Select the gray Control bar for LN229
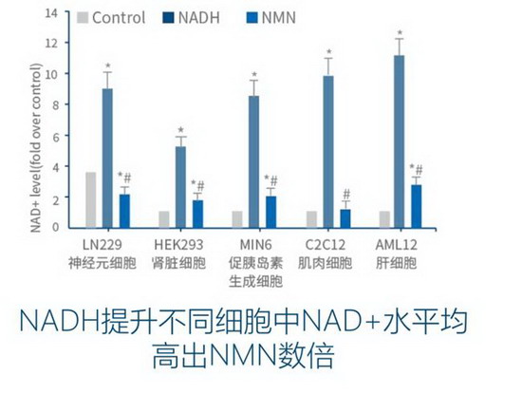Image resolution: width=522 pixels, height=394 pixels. coord(91,199)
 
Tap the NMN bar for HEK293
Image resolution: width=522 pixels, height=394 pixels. coord(198,214)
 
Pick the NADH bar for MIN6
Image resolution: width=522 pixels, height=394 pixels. coord(254,161)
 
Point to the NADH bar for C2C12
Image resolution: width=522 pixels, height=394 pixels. coord(328,152)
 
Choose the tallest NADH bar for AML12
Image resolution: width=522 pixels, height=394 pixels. coord(399,141)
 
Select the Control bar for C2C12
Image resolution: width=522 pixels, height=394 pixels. coord(311,219)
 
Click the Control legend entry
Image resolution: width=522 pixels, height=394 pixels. coord(111,17)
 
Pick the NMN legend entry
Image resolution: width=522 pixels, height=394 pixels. coord(272,17)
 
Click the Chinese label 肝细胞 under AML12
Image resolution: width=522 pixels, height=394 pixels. coord(397,263)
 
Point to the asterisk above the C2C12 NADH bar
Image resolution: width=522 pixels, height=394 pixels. coord(328,53)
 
